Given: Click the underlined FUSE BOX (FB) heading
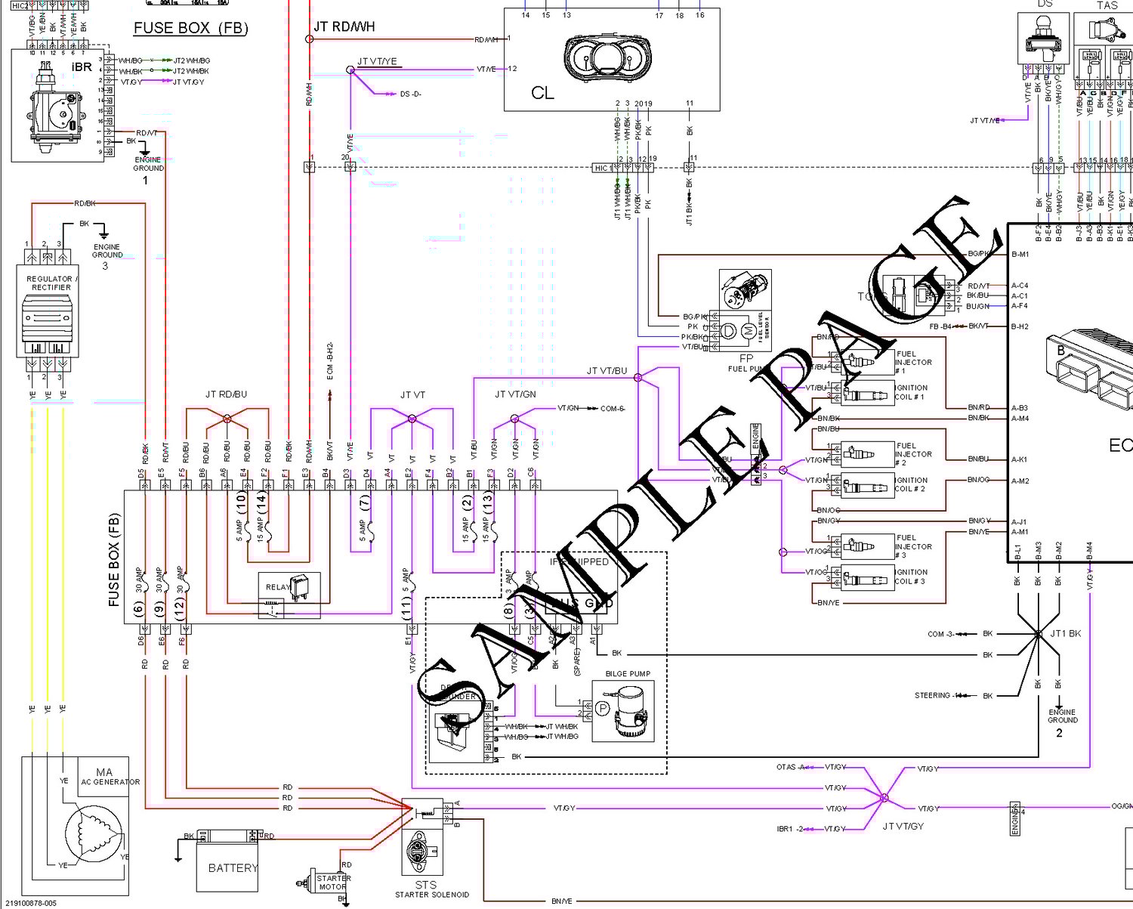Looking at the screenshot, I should (190, 28).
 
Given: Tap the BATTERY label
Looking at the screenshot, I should (233, 868).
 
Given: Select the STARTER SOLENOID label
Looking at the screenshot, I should (432, 895).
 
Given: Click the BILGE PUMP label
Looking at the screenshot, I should (628, 674).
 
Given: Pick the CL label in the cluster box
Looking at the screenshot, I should (542, 93).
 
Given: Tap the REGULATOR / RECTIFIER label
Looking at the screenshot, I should (51, 283).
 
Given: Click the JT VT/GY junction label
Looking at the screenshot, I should (903, 827).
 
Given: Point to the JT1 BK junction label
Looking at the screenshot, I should (1065, 633).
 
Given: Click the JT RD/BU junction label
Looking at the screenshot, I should (226, 394).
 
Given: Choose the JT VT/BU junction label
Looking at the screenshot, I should (607, 371).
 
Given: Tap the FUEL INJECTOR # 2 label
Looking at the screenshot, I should (913, 454).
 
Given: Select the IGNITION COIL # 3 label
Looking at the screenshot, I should (911, 577).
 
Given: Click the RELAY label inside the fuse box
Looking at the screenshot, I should (278, 587).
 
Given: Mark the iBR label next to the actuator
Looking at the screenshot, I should (82, 66).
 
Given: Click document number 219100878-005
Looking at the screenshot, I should (30, 902).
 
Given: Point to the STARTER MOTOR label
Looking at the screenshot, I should (333, 883).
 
